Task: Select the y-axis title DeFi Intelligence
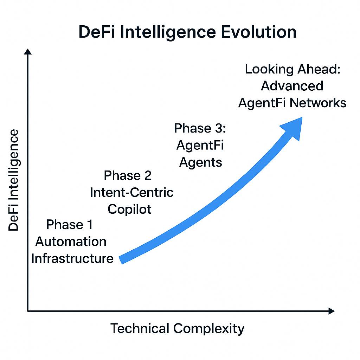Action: [14, 180]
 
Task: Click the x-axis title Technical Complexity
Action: [177, 328]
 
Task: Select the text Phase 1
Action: [70, 224]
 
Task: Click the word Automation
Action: [71, 242]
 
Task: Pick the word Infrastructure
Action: [72, 258]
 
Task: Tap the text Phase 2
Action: [128, 175]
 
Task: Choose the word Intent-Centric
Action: [132, 192]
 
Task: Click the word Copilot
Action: [129, 209]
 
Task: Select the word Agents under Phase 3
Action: [200, 162]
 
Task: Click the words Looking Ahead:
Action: [292, 69]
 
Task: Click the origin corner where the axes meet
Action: [28, 311]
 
